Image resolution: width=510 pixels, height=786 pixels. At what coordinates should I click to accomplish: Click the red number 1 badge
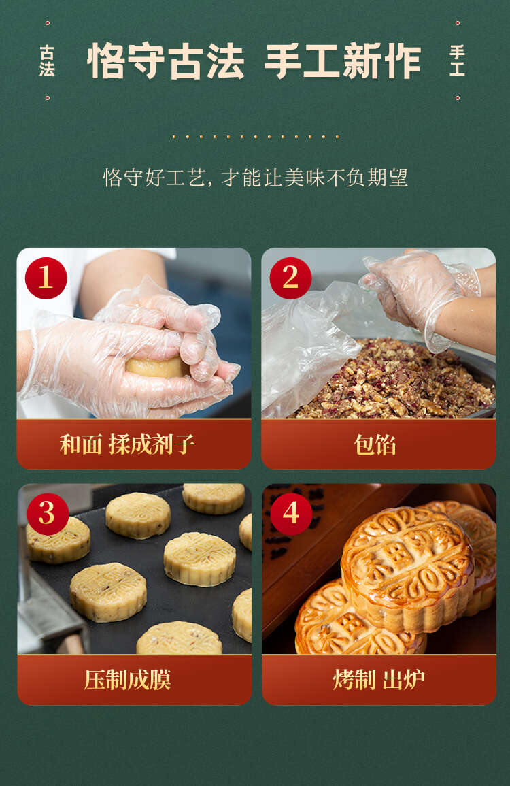click(46, 278)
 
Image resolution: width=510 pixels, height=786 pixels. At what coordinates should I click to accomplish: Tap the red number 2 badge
click(290, 278)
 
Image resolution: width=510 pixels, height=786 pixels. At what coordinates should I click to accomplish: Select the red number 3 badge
click(47, 514)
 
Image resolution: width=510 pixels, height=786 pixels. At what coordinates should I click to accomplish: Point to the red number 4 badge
click(291, 514)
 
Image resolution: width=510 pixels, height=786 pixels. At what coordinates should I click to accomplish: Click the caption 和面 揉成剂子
click(127, 444)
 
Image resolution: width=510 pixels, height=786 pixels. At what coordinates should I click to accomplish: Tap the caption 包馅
click(375, 444)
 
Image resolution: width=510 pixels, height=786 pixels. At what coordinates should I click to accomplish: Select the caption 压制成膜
click(127, 680)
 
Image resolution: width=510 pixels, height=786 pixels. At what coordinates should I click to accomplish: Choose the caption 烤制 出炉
click(379, 680)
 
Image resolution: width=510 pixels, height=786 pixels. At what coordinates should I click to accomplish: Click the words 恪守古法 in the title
click(166, 61)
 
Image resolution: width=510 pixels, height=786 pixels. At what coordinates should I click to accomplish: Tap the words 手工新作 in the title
click(343, 61)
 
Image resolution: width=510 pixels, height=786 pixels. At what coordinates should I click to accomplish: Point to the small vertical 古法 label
click(47, 61)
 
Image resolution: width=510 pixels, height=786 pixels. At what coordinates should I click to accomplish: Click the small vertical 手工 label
click(457, 61)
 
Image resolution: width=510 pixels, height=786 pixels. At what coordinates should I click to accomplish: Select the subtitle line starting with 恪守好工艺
click(256, 178)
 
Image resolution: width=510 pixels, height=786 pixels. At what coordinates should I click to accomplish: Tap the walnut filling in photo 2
click(396, 382)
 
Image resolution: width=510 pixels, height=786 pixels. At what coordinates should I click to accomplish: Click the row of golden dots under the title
click(256, 136)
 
